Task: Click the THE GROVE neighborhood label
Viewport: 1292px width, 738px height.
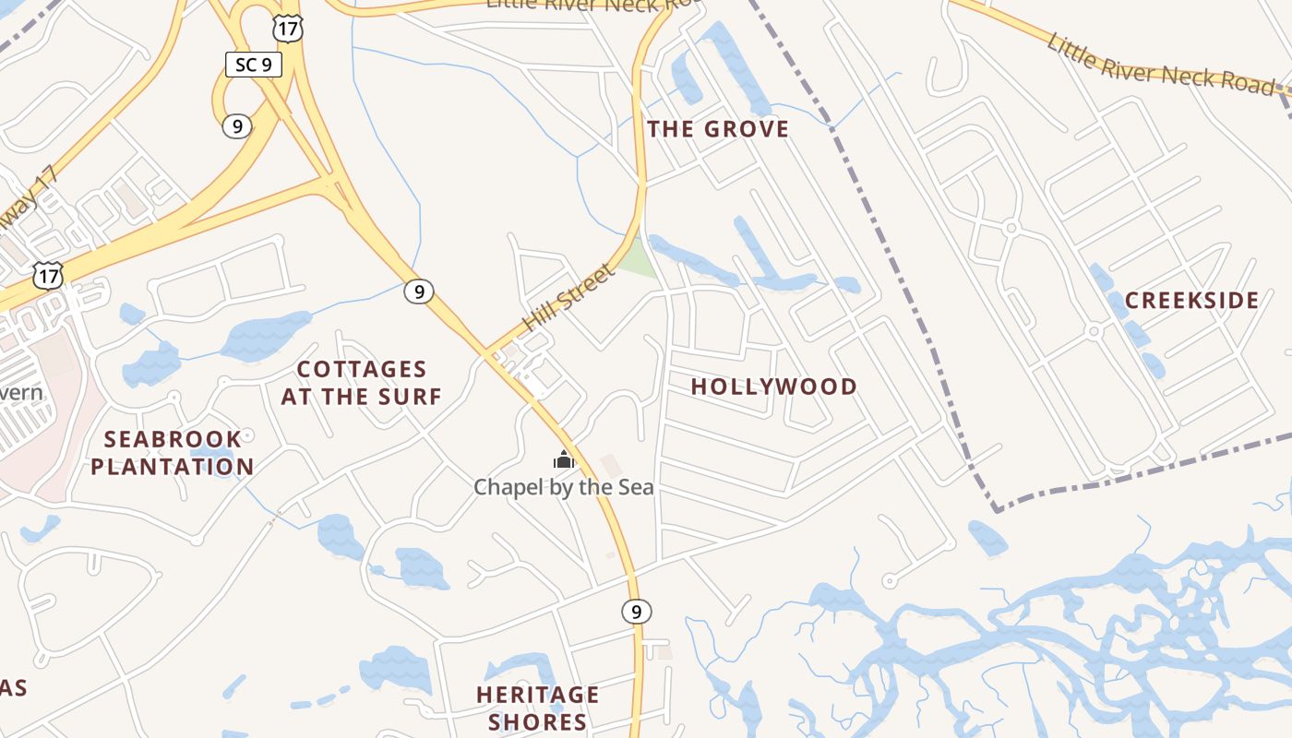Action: [718, 129]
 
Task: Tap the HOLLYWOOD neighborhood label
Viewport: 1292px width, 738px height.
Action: [774, 387]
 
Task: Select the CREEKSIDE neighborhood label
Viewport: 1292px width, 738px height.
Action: [1191, 301]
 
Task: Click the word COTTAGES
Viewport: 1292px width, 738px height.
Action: [362, 370]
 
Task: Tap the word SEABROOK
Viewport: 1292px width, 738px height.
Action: [173, 439]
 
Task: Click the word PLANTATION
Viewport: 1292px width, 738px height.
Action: [173, 467]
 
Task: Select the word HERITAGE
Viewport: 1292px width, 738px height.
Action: [538, 695]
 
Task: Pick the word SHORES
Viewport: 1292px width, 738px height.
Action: [538, 721]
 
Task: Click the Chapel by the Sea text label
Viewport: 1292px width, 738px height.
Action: [564, 487]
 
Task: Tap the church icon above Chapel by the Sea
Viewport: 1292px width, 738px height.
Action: [564, 458]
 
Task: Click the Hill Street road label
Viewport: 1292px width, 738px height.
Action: [568, 298]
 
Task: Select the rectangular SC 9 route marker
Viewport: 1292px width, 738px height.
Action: [254, 65]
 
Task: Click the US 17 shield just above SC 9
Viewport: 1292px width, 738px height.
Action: [288, 29]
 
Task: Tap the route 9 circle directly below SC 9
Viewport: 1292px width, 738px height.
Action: [237, 125]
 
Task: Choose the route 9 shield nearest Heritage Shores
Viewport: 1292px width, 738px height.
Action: [635, 611]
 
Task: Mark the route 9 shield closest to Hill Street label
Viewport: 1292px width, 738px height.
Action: [419, 292]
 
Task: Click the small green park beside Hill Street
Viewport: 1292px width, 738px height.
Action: [637, 259]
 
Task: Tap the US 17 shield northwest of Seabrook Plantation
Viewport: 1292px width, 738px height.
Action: [48, 274]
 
